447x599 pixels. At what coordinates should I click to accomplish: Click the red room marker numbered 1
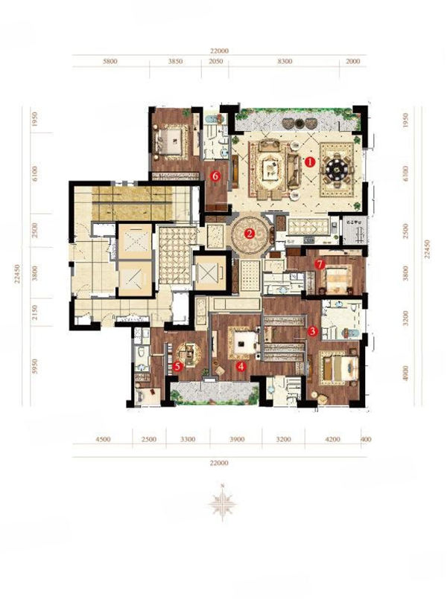[x=310, y=162]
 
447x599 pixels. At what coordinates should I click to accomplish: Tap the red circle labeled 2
[x=250, y=234]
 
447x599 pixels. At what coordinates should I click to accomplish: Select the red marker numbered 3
[x=313, y=331]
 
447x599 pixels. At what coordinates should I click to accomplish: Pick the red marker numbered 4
[x=241, y=366]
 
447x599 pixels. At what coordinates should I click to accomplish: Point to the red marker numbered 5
[x=177, y=366]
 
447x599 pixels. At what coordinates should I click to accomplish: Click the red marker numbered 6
[x=215, y=176]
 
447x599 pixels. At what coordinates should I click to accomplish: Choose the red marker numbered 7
[x=320, y=264]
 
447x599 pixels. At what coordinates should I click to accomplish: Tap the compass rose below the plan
[x=222, y=503]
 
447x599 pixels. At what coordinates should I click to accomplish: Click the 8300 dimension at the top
[x=285, y=61]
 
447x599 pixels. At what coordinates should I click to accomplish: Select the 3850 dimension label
[x=175, y=61]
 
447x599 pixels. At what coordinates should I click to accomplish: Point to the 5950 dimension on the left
[x=35, y=366]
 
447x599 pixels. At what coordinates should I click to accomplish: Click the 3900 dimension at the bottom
[x=237, y=439]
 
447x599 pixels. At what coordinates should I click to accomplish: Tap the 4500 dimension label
[x=103, y=439]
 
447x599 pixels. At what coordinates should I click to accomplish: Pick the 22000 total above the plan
[x=219, y=51]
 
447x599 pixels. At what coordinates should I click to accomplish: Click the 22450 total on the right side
[x=428, y=249]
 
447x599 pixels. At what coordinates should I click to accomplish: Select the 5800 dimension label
[x=110, y=61]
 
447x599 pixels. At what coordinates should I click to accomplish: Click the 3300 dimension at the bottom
[x=188, y=439]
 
